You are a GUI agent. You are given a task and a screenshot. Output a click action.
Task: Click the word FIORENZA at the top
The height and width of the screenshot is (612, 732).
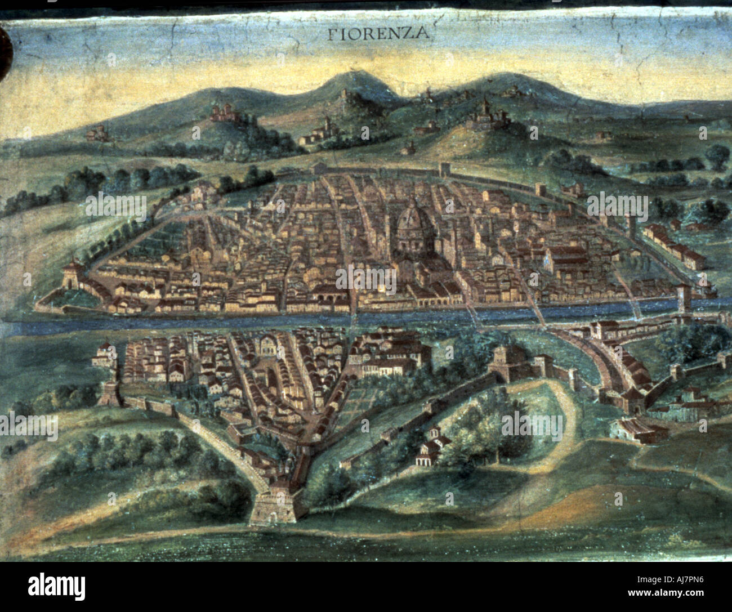pos(378,33)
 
